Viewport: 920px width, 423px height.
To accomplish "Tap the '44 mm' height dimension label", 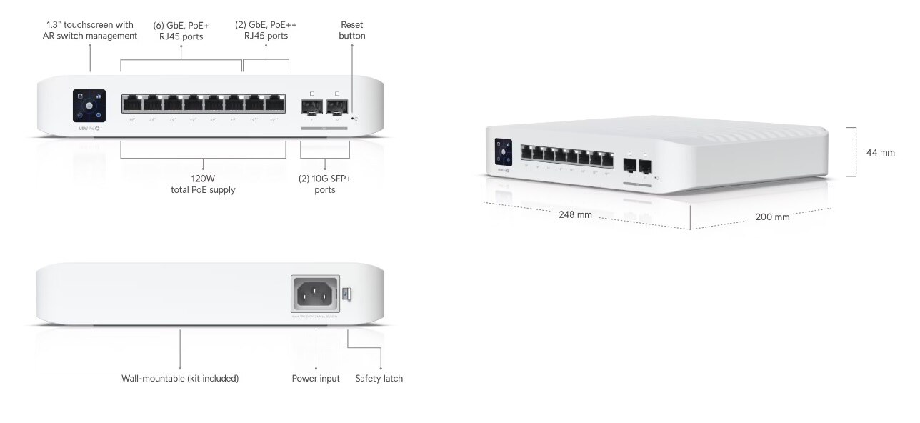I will [880, 152].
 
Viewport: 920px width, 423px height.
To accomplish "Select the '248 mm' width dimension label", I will [575, 215].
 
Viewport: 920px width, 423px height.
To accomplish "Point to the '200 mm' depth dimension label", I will [772, 217].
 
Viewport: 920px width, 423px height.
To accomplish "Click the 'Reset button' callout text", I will [352, 30].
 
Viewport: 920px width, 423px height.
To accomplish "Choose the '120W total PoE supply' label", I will [204, 184].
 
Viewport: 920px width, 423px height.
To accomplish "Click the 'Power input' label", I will [316, 378].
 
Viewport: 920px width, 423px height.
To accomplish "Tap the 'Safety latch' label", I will [379, 378].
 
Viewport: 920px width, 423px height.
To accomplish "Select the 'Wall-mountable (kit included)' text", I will [180, 378].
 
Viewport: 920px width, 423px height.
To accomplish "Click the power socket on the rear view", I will [315, 293].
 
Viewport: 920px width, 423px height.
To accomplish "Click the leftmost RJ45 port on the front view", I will [132, 104].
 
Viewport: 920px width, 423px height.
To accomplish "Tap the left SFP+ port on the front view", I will [312, 107].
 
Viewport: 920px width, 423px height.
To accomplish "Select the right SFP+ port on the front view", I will [336, 107].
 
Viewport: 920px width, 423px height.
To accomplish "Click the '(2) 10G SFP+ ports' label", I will [325, 184].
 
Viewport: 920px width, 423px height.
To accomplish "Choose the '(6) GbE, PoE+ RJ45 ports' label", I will [181, 30].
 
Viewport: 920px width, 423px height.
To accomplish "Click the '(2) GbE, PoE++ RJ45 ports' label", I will [266, 30].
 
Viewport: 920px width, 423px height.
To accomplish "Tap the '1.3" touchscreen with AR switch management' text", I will [90, 30].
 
